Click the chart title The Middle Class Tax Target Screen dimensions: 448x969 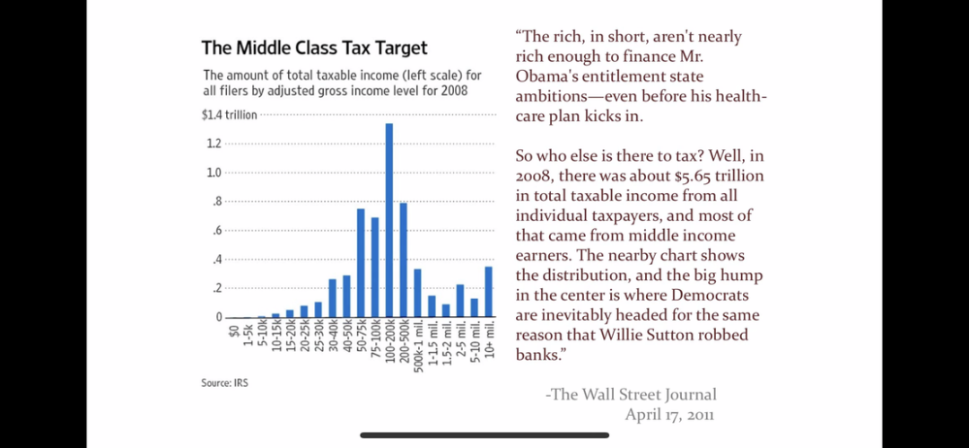click(x=314, y=48)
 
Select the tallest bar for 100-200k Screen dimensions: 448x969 click(x=389, y=220)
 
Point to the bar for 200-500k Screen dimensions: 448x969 click(x=404, y=259)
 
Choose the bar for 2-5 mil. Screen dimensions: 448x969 click(x=460, y=301)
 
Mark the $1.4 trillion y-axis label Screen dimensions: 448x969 click(x=229, y=115)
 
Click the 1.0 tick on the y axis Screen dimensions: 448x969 click(x=214, y=172)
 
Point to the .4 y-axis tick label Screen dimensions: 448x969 click(x=216, y=259)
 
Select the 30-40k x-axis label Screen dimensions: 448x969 click(x=332, y=337)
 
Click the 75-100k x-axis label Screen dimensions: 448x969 click(x=375, y=338)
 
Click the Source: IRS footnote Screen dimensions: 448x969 click(x=224, y=383)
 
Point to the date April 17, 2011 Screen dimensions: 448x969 click(x=669, y=414)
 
